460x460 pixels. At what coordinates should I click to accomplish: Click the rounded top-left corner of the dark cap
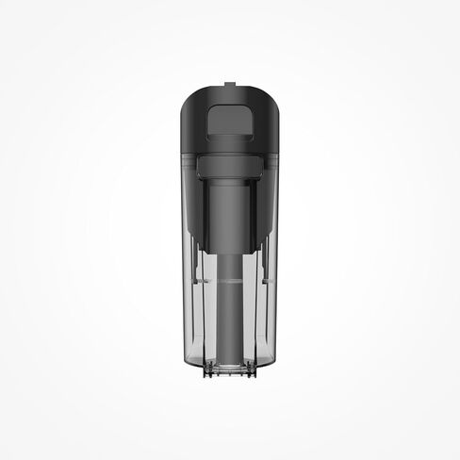[x=187, y=97]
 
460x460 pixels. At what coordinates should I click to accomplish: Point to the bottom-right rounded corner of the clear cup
[x=275, y=363]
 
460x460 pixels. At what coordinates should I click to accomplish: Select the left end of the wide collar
[x=199, y=167]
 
